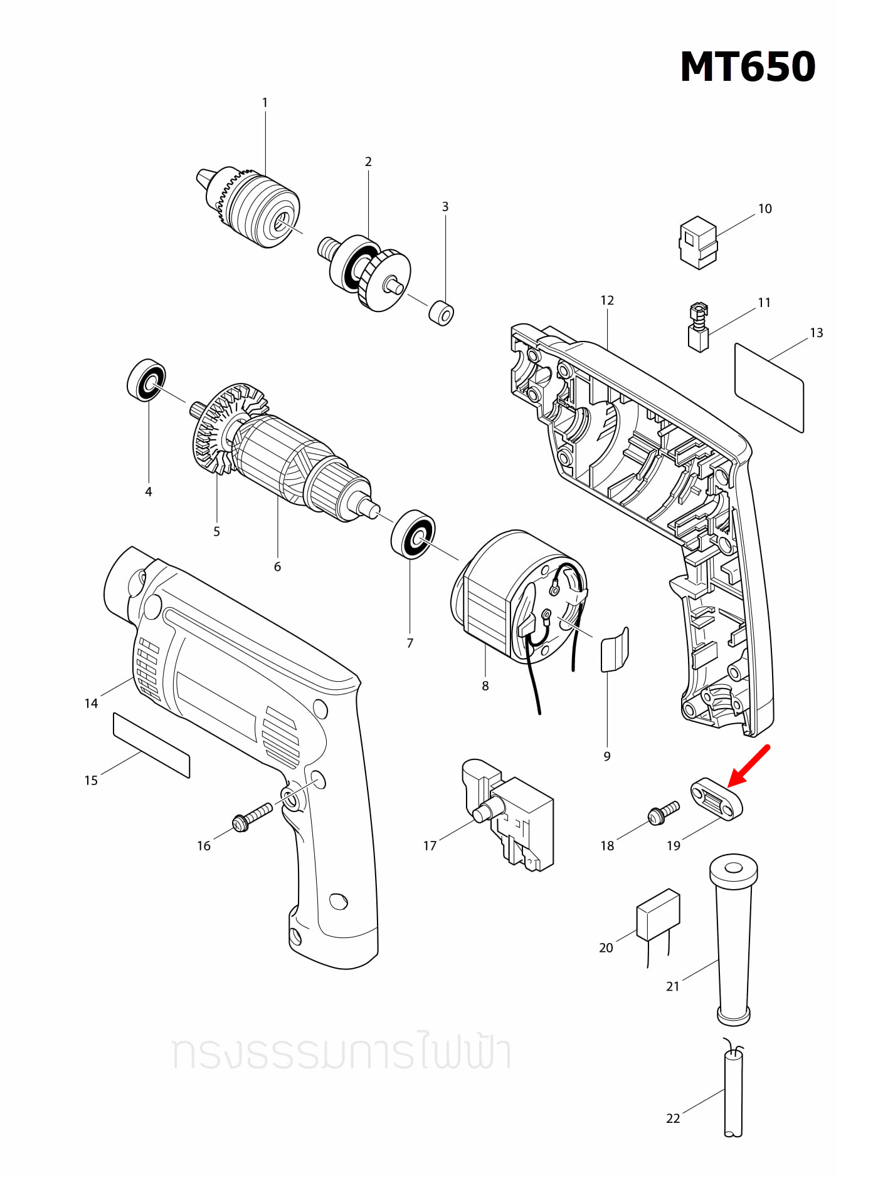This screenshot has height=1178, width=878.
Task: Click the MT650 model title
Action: (748, 67)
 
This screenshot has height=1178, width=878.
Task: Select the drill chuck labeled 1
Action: (254, 207)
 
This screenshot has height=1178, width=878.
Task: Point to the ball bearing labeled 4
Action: (146, 380)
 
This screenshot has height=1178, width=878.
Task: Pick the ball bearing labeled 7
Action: (413, 533)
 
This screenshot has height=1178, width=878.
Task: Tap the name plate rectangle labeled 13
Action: (769, 387)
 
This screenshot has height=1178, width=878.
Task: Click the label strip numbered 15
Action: (151, 744)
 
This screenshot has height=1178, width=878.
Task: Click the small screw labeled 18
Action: (663, 813)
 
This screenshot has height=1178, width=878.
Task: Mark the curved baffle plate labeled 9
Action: (615, 650)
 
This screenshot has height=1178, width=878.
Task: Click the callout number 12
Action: (606, 300)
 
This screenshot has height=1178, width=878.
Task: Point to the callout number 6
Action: (277, 566)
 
